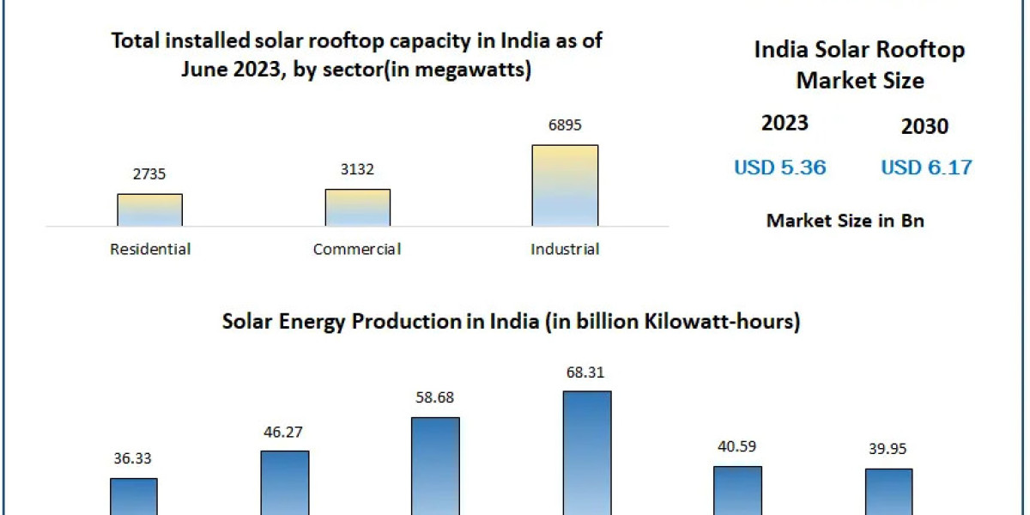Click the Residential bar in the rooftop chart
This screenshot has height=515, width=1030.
pos(150,210)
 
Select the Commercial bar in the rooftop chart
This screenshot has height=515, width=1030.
pos(357,208)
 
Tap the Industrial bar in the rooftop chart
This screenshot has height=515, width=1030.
pos(565,185)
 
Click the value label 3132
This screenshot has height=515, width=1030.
pos(357,170)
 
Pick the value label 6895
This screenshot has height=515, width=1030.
pos(565,125)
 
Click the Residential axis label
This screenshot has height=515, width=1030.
pos(150,250)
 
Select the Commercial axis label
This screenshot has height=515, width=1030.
pos(357,250)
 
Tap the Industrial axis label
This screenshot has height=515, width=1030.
pos(565,250)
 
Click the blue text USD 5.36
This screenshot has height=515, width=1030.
pos(779,167)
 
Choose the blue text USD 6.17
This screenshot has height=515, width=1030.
pos(926,167)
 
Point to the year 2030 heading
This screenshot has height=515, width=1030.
pos(924,127)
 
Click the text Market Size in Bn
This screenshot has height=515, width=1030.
pos(845,221)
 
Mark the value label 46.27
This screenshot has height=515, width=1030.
pos(285,432)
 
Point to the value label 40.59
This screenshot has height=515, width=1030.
pos(737,447)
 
